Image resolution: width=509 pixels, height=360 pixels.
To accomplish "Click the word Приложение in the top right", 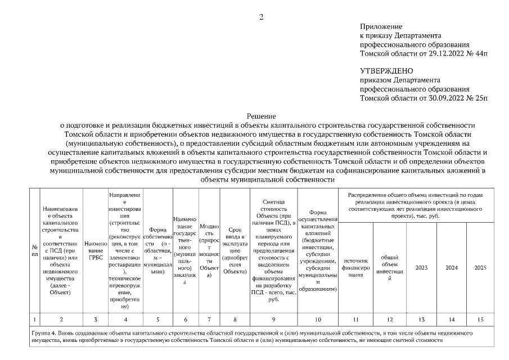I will click(x=381, y=26).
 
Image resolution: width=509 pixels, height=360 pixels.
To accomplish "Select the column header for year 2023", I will click(x=421, y=268).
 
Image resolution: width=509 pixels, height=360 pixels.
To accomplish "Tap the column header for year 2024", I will click(x=451, y=268).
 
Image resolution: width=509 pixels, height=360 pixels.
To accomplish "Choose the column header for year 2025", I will click(x=480, y=268).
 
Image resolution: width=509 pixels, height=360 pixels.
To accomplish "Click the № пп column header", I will click(x=35, y=251).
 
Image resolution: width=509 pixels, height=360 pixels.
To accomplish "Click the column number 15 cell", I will click(x=480, y=320).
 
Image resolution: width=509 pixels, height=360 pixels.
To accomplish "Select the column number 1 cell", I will click(x=35, y=320).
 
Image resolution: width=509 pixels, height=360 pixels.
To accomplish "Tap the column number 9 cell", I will click(x=274, y=320).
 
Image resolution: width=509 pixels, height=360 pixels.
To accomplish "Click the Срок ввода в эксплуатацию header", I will click(x=235, y=251).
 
